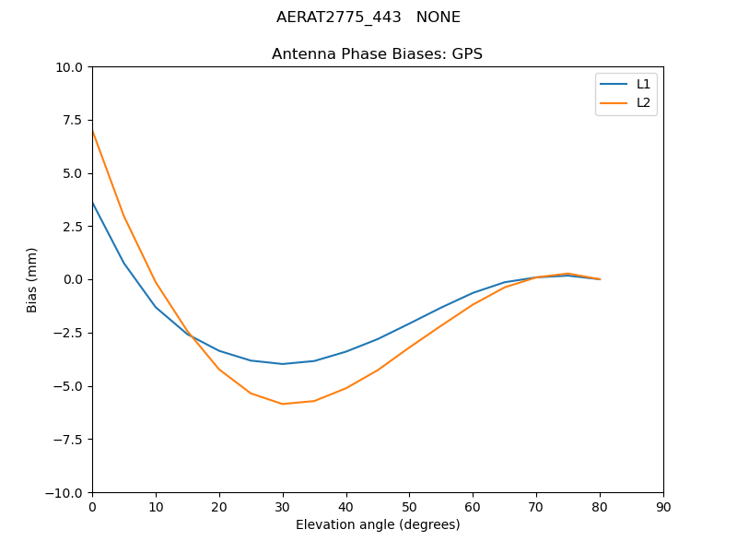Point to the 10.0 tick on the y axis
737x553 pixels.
tap(72, 67)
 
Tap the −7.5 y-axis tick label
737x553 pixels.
tap(68, 440)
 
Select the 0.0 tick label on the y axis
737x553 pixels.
tap(74, 279)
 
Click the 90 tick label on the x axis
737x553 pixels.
tap(663, 507)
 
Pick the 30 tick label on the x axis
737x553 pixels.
tap(283, 507)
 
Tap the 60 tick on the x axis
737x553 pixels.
tap(473, 507)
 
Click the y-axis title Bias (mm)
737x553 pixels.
tap(32, 279)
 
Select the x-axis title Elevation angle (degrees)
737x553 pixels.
tap(378, 524)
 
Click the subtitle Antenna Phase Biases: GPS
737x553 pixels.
tap(377, 54)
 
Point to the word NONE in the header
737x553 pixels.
tap(439, 18)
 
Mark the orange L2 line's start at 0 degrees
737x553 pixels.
tap(92, 131)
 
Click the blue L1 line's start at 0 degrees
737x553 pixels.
tap(92, 202)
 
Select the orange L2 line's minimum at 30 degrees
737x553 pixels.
tap(283, 404)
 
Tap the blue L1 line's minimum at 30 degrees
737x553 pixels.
tap(283, 364)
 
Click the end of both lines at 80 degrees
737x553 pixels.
tap(600, 279)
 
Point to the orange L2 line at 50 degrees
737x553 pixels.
tap(409, 347)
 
